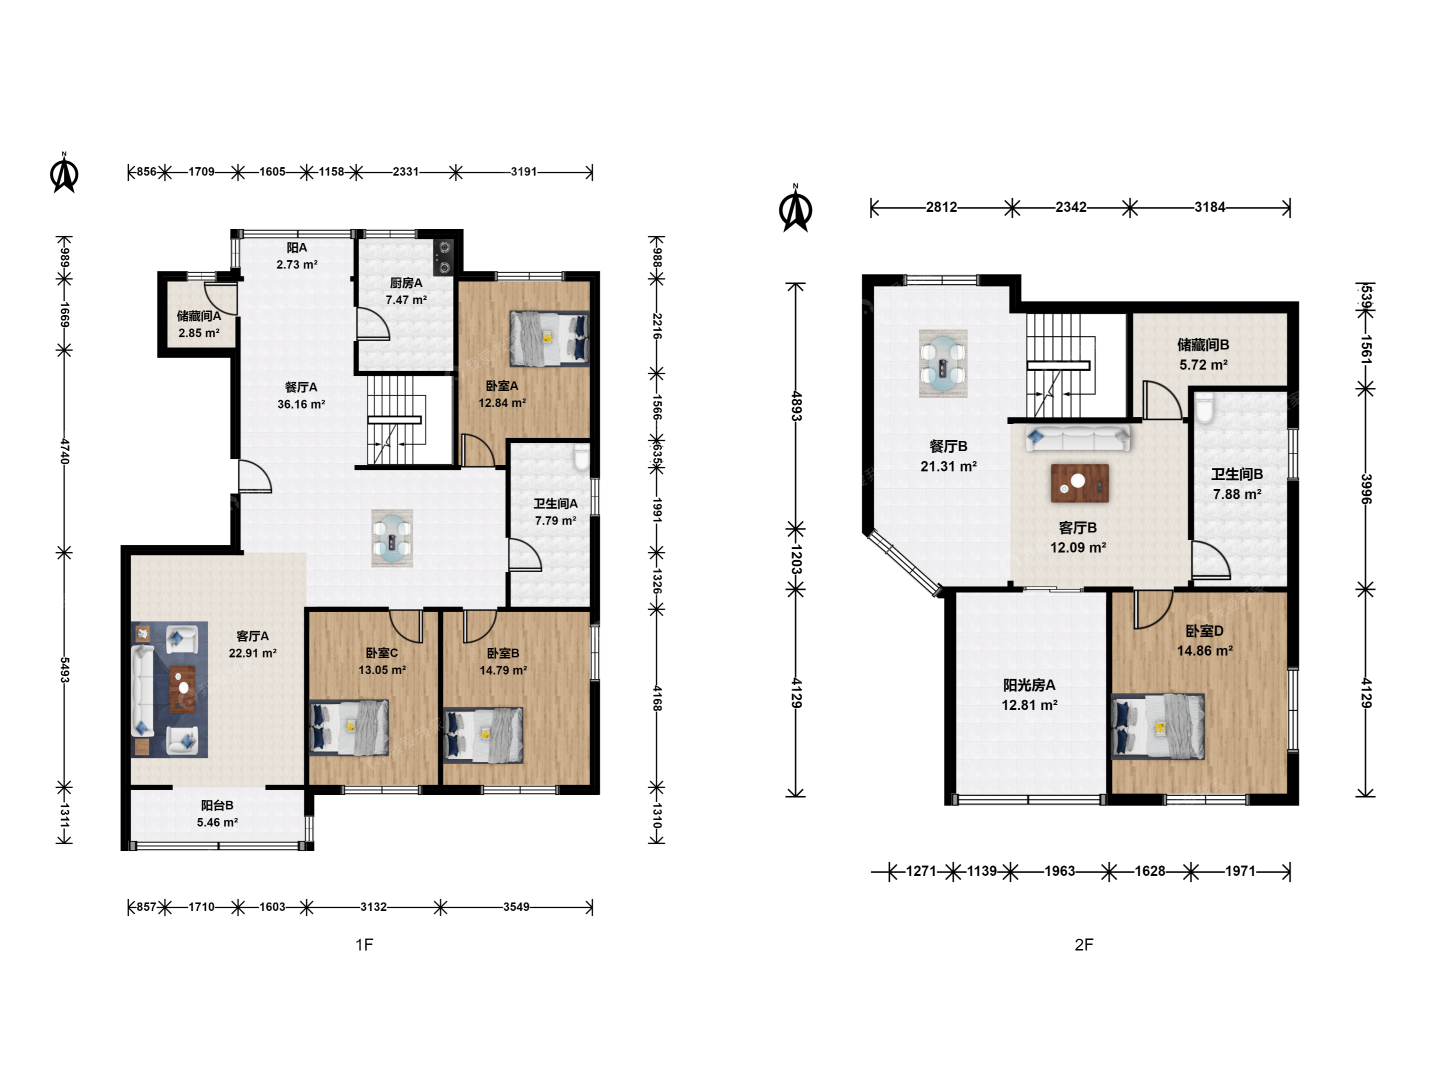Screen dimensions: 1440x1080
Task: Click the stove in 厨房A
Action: click(444, 257)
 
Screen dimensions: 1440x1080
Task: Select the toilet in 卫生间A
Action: click(581, 457)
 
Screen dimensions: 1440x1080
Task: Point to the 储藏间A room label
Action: click(198, 315)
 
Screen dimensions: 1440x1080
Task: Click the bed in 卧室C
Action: click(349, 727)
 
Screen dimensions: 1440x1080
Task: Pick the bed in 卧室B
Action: click(483, 735)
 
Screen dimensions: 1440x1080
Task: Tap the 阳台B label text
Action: click(217, 805)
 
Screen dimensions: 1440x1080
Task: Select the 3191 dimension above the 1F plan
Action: click(523, 172)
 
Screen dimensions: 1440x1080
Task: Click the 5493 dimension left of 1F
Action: click(64, 670)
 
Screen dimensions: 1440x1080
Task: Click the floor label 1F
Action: click(364, 944)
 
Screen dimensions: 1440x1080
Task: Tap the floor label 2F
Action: click(1084, 944)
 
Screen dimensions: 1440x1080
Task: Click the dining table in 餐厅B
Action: click(942, 363)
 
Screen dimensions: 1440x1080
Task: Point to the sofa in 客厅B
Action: click(1078, 438)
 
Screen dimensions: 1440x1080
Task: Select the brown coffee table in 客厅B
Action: click(1080, 483)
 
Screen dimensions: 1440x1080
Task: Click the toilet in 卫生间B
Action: click(1204, 408)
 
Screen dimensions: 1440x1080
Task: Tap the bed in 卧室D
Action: click(1157, 726)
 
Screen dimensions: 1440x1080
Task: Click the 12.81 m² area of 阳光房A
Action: click(1029, 705)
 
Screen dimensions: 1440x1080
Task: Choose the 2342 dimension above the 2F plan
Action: click(1071, 207)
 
